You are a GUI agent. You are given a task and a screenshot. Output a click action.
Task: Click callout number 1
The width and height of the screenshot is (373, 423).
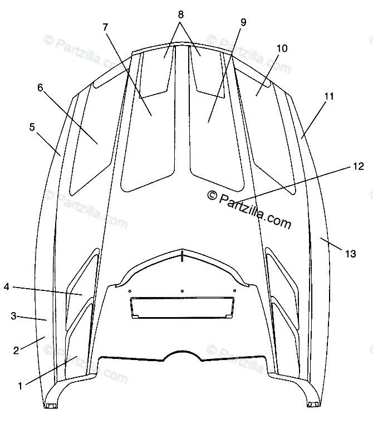(21, 385)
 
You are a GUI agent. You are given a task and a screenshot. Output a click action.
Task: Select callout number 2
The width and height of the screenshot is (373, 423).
(16, 350)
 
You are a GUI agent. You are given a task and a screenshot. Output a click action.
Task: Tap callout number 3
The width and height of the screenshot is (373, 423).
(14, 316)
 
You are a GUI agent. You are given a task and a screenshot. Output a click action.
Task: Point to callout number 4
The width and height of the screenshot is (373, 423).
(6, 286)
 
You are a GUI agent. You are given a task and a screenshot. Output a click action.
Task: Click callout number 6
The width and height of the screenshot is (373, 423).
(40, 87)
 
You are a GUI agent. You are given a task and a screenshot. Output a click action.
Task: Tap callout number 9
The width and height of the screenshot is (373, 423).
(243, 22)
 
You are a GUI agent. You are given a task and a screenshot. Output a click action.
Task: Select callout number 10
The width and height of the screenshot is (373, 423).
(282, 48)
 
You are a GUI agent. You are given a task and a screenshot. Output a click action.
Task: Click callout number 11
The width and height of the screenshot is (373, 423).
(329, 96)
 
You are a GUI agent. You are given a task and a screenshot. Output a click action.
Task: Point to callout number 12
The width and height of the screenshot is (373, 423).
(358, 166)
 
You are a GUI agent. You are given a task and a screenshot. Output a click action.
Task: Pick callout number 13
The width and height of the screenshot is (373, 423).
(350, 254)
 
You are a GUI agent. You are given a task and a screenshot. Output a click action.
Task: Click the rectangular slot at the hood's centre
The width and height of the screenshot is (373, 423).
(182, 308)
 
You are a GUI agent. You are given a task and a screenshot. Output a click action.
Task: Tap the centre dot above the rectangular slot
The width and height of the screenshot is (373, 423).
(182, 290)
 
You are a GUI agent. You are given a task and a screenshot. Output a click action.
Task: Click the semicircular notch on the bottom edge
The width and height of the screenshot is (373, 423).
(182, 356)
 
